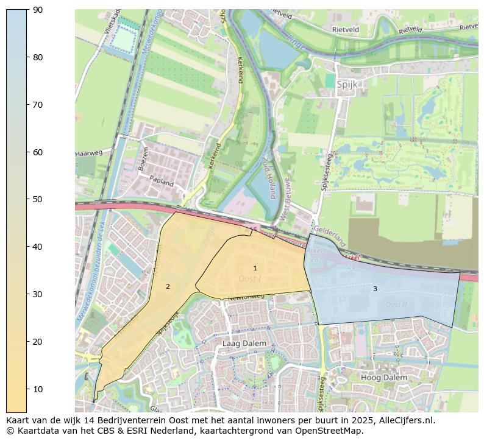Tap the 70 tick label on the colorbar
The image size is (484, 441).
(38, 105)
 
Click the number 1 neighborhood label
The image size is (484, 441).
(255, 268)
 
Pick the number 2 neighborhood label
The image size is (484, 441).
(168, 286)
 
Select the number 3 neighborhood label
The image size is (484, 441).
(375, 289)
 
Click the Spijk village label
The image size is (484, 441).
(347, 85)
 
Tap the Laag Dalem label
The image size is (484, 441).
(244, 343)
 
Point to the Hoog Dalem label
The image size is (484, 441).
(384, 378)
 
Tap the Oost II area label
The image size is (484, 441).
(396, 305)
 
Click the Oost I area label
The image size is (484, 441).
(250, 278)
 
